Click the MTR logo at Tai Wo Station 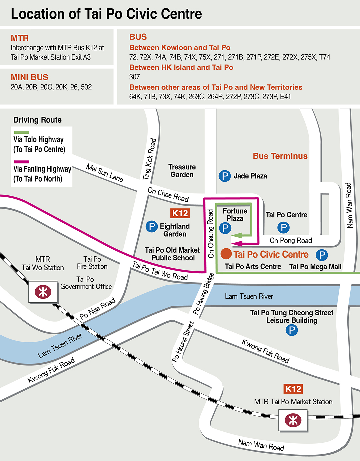tap(43, 292)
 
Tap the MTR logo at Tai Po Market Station tap(293, 420)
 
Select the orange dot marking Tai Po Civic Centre tap(226, 254)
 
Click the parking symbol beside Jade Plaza tap(225, 176)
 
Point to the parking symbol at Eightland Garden tap(152, 227)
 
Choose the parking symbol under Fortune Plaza tap(225, 228)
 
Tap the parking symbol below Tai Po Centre tap(283, 228)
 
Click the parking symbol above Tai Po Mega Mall tap(322, 255)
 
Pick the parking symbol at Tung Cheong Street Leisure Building tap(292, 330)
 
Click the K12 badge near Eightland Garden tap(180, 213)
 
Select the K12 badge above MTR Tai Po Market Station tap(293, 389)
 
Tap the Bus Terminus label tap(280, 156)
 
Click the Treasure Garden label tap(182, 171)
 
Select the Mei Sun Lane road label tap(105, 173)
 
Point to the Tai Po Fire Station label tap(92, 263)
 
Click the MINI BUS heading tap(29, 77)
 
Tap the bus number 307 tap(134, 77)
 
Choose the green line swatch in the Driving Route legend tap(21, 132)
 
